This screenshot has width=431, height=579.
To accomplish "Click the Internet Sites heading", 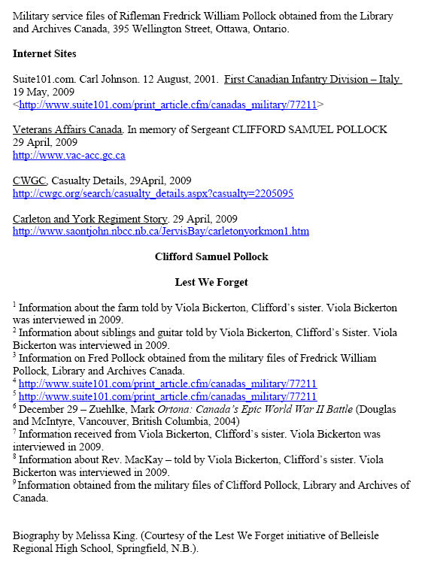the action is pos(46,54).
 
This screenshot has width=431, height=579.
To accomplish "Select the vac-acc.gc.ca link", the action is pos(69,156).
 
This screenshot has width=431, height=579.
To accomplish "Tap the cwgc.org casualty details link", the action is pos(153,194).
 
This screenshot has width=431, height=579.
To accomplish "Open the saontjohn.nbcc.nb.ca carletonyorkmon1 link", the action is pos(161,232).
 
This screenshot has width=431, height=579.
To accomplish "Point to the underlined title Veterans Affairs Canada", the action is pos(68,129).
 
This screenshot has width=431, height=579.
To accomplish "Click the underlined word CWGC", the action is pos(30,180).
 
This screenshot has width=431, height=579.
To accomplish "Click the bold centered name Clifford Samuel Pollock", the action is pos(211,257).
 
